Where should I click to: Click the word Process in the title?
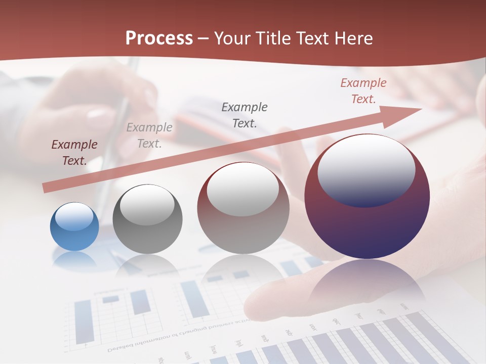pos(159,38)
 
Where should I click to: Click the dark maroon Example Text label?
pos(74,153)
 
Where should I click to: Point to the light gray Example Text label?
pos(149,135)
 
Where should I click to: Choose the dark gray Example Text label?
pos(245,115)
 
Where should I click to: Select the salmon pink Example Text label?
pos(363,91)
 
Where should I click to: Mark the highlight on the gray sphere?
pos(147,205)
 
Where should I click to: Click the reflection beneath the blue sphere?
pos(74,259)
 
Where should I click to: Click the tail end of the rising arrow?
pos(47,188)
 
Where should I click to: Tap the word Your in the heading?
pos(232,38)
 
